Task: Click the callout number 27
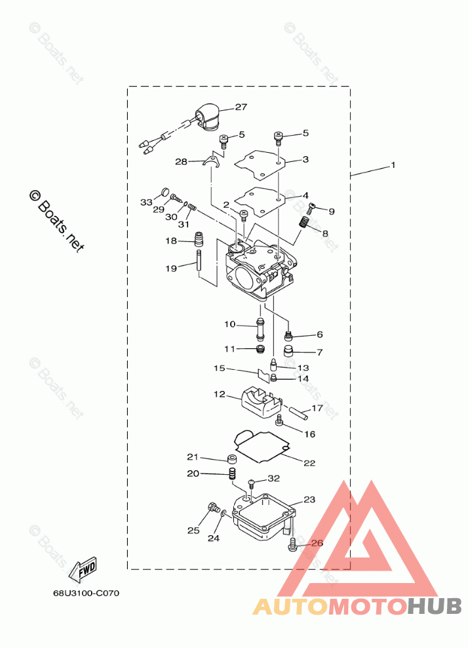[x=241, y=107]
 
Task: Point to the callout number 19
[x=171, y=268]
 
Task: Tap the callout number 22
[x=309, y=463]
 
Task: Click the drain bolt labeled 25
[x=214, y=507]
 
